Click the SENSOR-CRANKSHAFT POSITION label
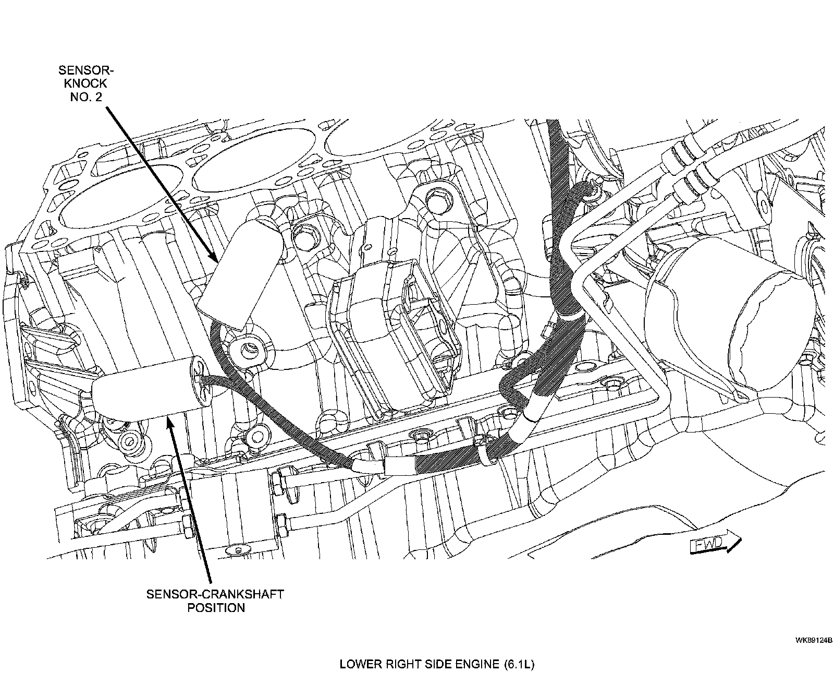(215, 601)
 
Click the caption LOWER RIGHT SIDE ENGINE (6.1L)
(437, 665)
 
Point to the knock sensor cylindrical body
(240, 274)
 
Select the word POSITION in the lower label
(216, 608)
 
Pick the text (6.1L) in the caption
(519, 665)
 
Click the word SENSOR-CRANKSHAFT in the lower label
(215, 594)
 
